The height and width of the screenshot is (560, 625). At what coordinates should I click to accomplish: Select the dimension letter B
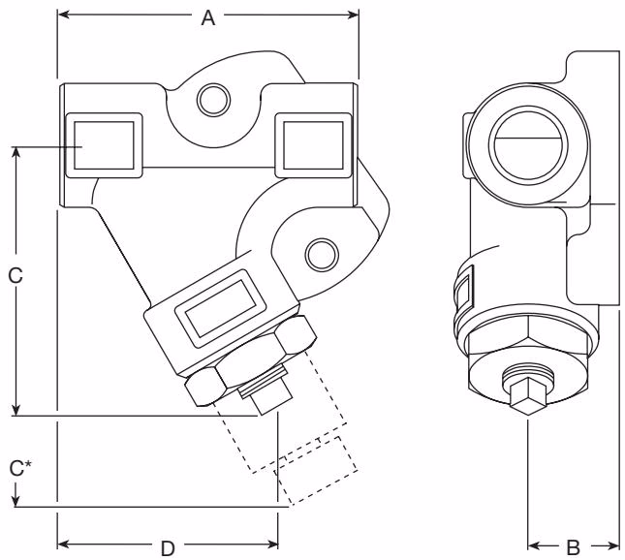coord(573,545)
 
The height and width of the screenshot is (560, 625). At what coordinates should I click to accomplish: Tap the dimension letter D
coord(168,545)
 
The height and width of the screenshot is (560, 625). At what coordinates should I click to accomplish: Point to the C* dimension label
coord(18,469)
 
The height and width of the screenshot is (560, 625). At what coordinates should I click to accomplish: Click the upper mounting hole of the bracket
coord(211,97)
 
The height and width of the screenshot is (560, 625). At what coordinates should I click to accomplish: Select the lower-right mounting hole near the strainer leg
coord(317,253)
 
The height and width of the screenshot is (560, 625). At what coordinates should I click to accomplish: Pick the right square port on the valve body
coord(311,145)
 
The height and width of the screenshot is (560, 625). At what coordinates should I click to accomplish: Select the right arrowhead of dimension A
coord(354,16)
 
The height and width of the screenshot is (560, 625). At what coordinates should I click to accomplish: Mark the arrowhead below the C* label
coord(16,500)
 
